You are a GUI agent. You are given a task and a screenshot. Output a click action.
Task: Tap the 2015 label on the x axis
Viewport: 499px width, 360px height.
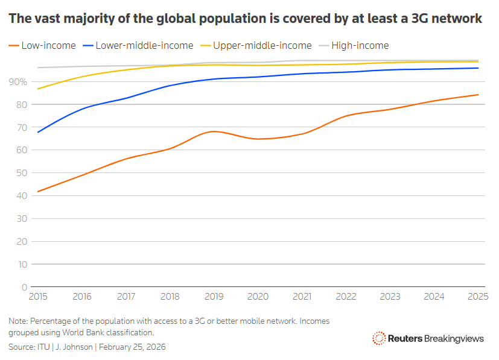(38, 297)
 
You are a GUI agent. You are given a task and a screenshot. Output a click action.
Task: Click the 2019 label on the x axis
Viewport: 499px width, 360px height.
(214, 297)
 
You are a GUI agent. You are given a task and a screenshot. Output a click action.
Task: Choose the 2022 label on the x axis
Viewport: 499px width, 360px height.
(346, 297)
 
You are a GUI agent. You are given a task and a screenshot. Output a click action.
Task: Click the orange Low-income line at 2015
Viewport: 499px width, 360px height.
(38, 192)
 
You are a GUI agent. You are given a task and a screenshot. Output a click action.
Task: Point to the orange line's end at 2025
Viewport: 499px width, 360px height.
(478, 95)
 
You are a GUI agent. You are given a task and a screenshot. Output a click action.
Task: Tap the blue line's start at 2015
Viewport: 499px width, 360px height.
(38, 132)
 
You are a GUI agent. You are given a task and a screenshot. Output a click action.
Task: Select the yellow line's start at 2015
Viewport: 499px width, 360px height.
(38, 89)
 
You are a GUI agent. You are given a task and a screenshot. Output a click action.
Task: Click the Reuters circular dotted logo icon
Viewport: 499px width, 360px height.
(379, 338)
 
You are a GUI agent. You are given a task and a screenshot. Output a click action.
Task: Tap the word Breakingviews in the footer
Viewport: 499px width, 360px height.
(454, 338)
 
